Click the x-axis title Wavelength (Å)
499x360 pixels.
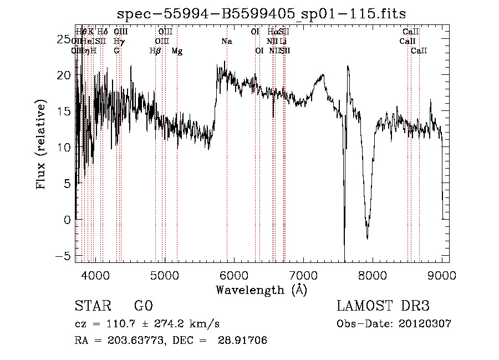point(261,290)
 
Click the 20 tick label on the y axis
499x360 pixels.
point(65,75)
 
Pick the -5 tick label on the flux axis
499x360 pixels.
point(65,256)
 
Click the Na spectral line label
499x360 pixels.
point(227,41)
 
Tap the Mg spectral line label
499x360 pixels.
point(177,51)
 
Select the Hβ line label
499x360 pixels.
point(155,51)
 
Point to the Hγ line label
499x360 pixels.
point(119,41)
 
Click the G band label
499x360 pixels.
point(116,51)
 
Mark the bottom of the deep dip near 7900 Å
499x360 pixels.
point(367,237)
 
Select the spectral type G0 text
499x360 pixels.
point(143,306)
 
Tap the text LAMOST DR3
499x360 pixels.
point(383,306)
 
